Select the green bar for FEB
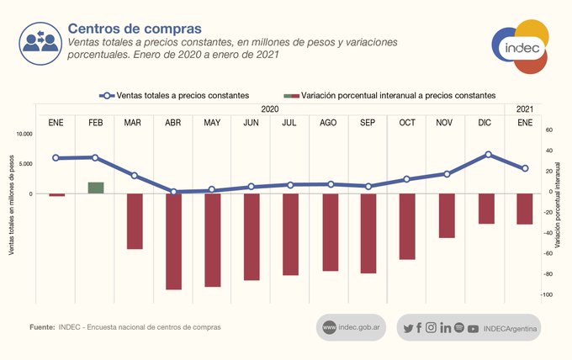(95, 188)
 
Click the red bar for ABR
(173, 241)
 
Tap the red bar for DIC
(486, 209)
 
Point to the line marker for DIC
(488, 155)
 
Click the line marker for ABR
(173, 192)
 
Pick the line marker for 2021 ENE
(525, 169)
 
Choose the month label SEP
(368, 123)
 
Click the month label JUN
(251, 123)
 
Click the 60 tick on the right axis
(548, 130)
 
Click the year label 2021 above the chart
(525, 109)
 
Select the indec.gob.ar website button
(352, 327)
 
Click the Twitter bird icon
(408, 327)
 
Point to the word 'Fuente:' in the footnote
(42, 326)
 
